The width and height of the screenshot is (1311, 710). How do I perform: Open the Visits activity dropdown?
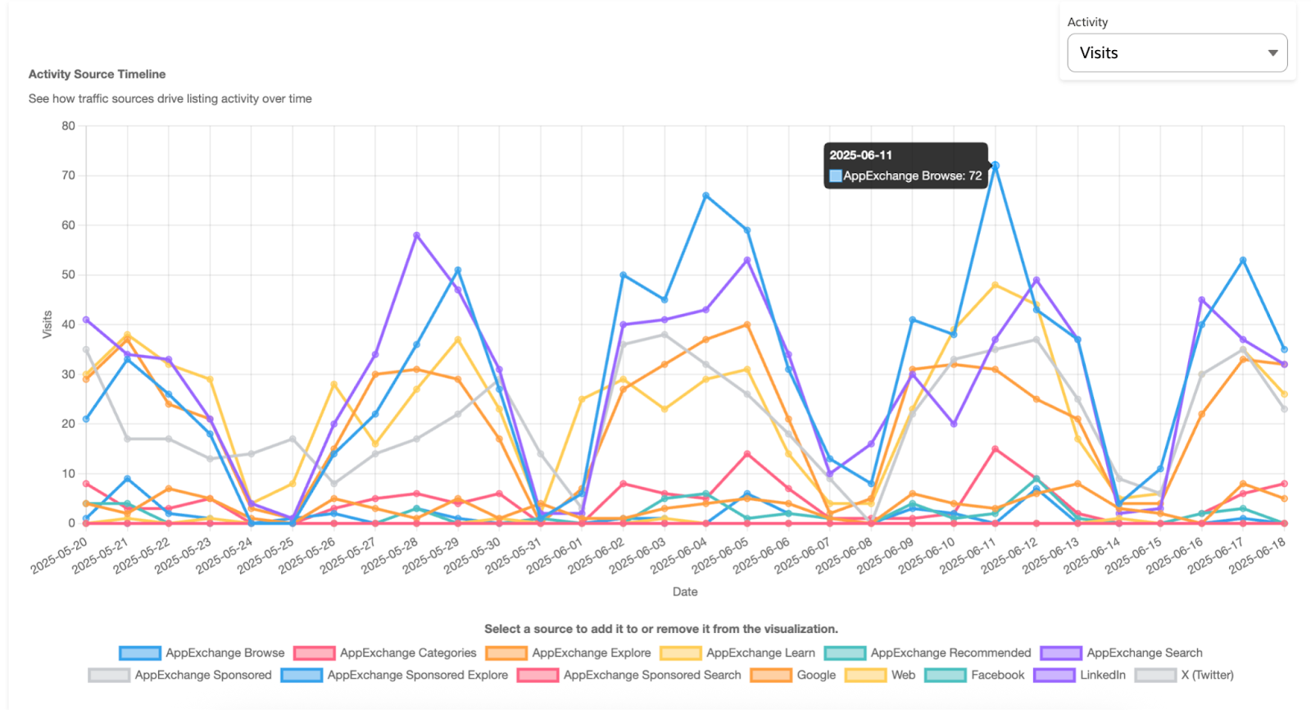(x=1177, y=52)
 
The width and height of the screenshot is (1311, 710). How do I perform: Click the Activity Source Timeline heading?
(x=97, y=74)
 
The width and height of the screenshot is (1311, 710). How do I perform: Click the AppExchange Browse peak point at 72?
(x=996, y=166)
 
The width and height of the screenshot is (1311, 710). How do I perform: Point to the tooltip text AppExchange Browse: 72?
(x=912, y=175)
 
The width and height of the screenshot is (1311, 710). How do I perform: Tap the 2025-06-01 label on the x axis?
(x=555, y=556)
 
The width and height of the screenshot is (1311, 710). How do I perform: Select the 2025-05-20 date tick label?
(x=59, y=556)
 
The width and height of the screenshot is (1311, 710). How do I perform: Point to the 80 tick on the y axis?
(x=68, y=126)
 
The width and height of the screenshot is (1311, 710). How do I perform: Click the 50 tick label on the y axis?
(x=68, y=275)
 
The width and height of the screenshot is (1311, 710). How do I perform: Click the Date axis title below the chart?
(x=685, y=591)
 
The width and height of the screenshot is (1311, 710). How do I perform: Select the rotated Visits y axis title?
(x=47, y=325)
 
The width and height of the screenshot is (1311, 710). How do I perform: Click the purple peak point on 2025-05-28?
(x=416, y=235)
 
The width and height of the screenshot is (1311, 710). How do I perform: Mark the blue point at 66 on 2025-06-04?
(x=705, y=195)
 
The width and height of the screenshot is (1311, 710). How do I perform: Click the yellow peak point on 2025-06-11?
(x=996, y=285)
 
